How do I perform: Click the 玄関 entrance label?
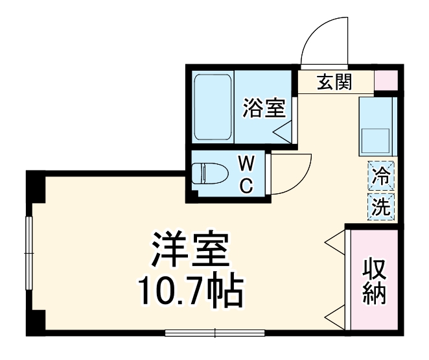[334, 82]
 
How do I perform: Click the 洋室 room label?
[190, 250]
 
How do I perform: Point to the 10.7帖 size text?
[189, 292]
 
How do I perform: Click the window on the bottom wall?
[216, 333]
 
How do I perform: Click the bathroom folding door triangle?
[283, 132]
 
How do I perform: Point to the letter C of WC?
[246, 186]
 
